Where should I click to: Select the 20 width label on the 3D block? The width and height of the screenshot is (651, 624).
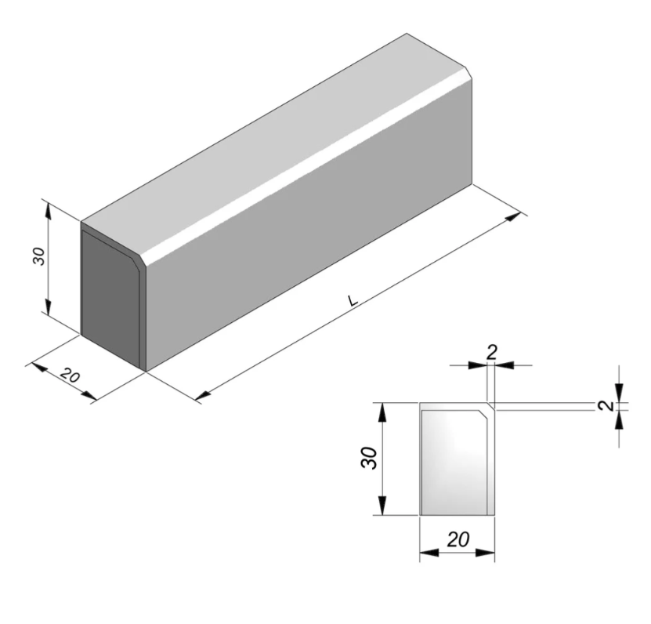(70, 376)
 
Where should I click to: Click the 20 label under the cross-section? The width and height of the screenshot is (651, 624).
(458, 539)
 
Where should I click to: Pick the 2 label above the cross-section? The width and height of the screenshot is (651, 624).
(491, 352)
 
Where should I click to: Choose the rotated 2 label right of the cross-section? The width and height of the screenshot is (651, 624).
(604, 405)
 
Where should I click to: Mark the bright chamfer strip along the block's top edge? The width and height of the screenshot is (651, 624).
(306, 169)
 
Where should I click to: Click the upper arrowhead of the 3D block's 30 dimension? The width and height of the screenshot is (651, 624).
(49, 207)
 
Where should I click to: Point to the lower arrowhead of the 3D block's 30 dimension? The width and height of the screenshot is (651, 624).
(49, 310)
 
